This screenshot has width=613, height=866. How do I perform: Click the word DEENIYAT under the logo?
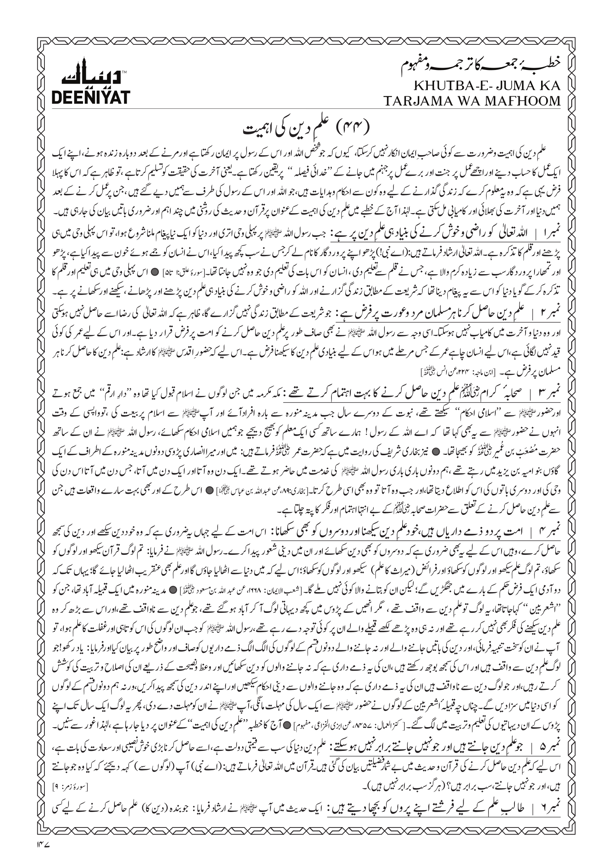(x=90, y=97)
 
